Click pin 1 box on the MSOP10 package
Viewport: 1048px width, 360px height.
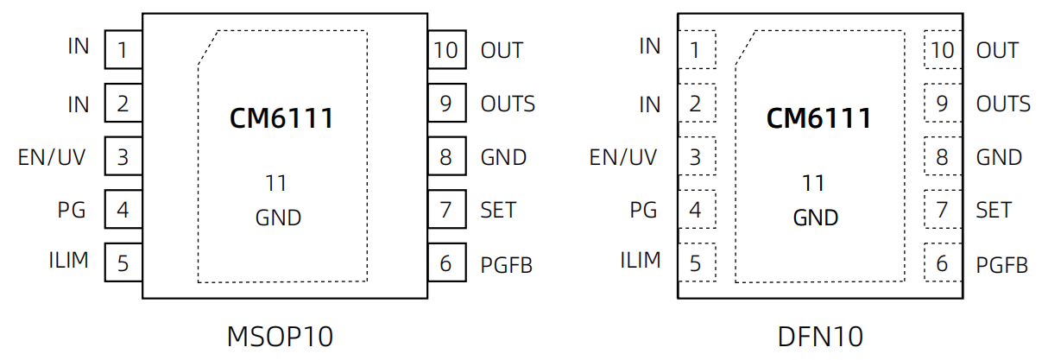[x=123, y=50]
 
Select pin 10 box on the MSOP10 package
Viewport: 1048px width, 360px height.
[x=445, y=50]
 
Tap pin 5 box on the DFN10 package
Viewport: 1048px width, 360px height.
[x=695, y=262]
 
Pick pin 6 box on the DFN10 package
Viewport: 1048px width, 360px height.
[x=942, y=262]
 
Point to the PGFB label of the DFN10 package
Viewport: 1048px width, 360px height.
[x=1002, y=265]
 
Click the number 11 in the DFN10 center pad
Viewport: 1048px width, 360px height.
[x=813, y=183]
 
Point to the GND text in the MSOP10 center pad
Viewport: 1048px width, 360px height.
[x=278, y=218]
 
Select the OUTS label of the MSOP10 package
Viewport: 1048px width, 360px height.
[x=508, y=104]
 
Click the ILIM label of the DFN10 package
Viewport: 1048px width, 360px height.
[x=641, y=260]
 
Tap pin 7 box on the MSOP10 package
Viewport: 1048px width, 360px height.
[x=445, y=210]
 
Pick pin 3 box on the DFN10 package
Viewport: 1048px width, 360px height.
[x=695, y=157]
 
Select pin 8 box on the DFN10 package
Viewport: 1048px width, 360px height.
[x=942, y=157]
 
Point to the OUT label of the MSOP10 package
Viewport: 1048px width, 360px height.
[x=502, y=50]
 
